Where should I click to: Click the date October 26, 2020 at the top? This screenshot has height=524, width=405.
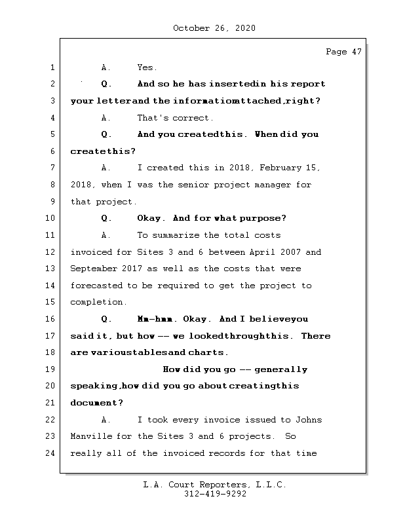(x=214, y=28)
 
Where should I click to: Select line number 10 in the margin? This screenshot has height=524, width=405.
(x=51, y=218)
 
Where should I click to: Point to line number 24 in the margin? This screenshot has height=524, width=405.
(x=51, y=453)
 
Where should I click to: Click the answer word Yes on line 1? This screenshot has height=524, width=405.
(x=147, y=67)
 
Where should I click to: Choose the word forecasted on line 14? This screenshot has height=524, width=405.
(x=96, y=286)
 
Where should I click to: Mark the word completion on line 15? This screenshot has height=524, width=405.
(x=98, y=303)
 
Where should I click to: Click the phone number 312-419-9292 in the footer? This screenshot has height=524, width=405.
(x=215, y=495)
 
